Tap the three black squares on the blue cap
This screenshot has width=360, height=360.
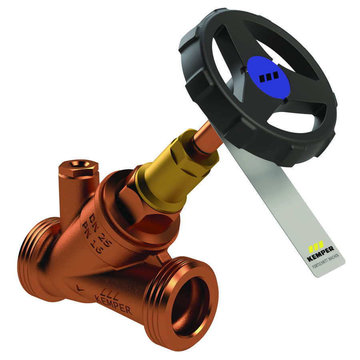pyautogui.click(x=269, y=77)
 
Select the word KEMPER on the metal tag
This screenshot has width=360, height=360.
pyautogui.click(x=321, y=254)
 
